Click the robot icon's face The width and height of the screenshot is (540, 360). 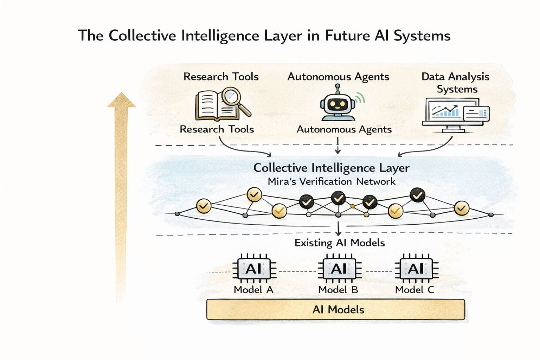pos(337,104)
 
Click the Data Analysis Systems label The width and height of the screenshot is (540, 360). pos(456,83)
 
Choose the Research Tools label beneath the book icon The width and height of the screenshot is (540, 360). pos(217,129)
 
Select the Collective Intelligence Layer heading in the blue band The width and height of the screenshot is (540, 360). pos(331,168)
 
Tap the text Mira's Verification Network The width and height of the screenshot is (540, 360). pos(331,181)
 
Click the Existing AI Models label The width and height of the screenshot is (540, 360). pos(340,243)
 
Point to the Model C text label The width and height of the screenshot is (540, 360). pos(415,290)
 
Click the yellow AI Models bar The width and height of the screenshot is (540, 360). pos(336,310)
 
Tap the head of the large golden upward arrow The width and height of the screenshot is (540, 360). pos(121,100)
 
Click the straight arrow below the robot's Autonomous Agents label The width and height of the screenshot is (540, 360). pos(337,146)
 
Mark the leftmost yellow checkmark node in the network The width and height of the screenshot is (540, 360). pos(204,206)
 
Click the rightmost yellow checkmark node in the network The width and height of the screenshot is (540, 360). pos(461,208)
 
